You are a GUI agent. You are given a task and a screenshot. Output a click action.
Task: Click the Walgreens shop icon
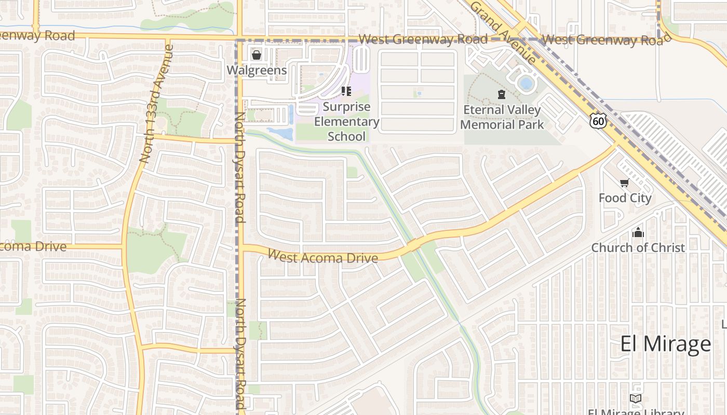pos(256,55)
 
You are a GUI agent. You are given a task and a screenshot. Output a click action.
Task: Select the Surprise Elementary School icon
pos(346,92)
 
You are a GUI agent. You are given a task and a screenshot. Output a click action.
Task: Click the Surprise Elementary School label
pos(346,122)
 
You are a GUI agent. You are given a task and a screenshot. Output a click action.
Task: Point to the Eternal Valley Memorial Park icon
pos(501,94)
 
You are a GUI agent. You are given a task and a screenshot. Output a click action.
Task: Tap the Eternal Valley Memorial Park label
pos(502,117)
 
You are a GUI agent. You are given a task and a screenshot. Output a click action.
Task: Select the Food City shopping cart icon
pos(624,183)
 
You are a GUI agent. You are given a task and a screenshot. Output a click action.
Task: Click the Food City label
pos(625,198)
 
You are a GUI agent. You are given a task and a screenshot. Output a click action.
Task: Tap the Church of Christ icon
pos(638,233)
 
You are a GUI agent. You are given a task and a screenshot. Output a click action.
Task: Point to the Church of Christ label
pos(638,247)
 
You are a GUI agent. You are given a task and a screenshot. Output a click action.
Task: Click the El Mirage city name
pos(666,343)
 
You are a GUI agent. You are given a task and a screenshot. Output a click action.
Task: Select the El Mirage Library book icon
pos(635,398)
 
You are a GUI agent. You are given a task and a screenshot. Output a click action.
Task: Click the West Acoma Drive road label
pos(322,256)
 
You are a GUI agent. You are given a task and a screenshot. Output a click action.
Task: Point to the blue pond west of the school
pos(281,133)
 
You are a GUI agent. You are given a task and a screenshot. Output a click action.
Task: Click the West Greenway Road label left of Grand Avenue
pos(423,39)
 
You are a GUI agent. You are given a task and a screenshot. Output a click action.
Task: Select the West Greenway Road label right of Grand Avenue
pos(602,40)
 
